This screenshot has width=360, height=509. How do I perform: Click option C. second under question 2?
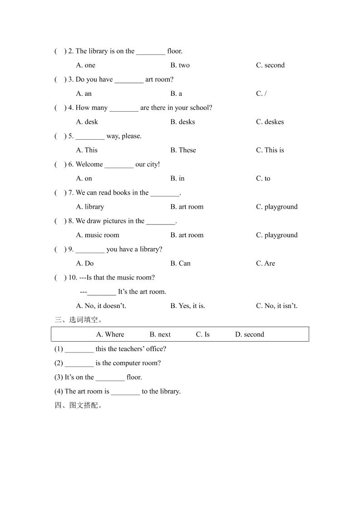pos(270,65)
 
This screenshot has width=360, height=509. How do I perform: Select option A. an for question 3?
pos(84,93)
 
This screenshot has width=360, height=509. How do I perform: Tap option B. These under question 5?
pos(183,150)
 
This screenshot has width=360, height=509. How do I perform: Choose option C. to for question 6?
pos(263,179)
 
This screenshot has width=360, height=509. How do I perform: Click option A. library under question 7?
pos(90,207)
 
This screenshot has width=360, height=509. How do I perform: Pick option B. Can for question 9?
pos(180,264)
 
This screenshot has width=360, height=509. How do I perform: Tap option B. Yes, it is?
pos(187,306)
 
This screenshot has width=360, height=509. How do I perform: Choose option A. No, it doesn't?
pos(101,306)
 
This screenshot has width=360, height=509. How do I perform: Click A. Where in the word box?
pos(110,334)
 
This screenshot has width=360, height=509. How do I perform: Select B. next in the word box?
pos(160,334)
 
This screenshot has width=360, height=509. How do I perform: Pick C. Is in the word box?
pos(202,334)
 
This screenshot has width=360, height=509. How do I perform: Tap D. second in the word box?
pos(249,334)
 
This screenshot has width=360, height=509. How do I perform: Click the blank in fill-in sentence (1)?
pos(79,350)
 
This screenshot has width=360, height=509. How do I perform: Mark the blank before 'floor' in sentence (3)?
pos(110,378)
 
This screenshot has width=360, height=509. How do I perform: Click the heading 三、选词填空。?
pos(75,320)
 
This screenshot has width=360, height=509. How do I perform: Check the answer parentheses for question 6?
pos(60,165)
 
